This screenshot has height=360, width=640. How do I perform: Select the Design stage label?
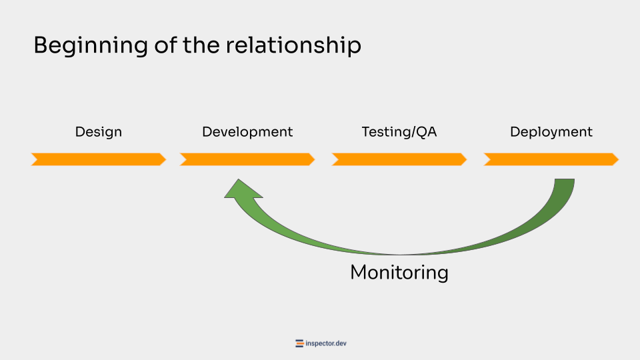(x=99, y=132)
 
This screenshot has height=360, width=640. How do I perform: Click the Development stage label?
(x=247, y=132)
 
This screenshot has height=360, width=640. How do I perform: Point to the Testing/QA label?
(x=399, y=132)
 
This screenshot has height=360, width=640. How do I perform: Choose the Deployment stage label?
(x=551, y=132)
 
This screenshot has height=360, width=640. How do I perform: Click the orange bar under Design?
(x=99, y=159)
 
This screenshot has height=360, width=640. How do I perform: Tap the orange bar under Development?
(x=247, y=159)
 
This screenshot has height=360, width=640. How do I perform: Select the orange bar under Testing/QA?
(x=399, y=159)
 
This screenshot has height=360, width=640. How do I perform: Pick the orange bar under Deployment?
(x=551, y=159)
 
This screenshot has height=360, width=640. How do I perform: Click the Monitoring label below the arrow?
(x=399, y=273)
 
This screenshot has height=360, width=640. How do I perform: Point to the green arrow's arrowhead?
(x=241, y=190)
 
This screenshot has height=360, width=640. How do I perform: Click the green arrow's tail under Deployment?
(x=563, y=187)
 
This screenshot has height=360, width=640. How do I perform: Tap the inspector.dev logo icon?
(x=299, y=344)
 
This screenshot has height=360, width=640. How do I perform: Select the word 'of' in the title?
(x=159, y=46)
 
